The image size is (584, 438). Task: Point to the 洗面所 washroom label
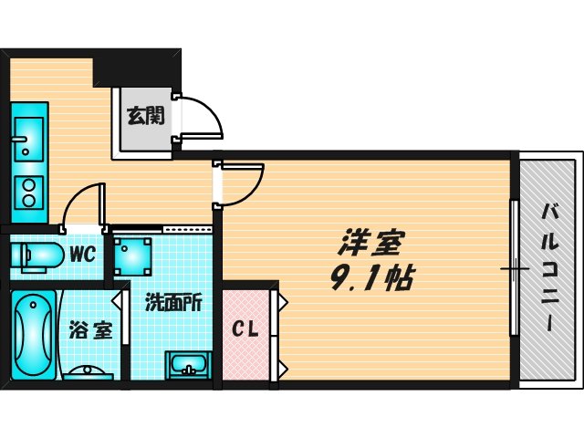click(172, 302)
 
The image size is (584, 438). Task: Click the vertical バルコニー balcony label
click(551, 270)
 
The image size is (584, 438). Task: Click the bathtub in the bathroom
click(34, 332)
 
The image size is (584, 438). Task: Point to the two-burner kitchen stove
click(28, 193)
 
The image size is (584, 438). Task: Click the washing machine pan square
click(133, 255)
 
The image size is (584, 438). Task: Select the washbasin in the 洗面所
click(191, 366)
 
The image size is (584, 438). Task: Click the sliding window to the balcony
click(514, 269)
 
